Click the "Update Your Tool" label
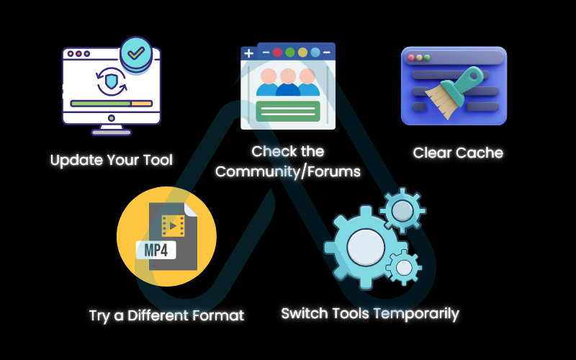pos(111,160)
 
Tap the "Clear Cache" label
pos(458,153)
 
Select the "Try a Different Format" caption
pos(166,315)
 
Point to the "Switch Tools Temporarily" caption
pos(369,313)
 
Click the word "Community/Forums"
pos(287,171)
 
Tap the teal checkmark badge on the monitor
pos(136,53)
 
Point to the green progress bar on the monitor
pos(100,104)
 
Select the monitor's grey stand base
pos(112,132)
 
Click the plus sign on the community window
pos(248,53)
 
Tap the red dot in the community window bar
pos(277,53)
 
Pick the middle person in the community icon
pos(288,81)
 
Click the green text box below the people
pos(288,111)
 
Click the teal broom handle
pos(469,77)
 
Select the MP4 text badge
pos(157,250)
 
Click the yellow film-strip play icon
pos(173,226)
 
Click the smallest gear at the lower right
pos(404,267)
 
